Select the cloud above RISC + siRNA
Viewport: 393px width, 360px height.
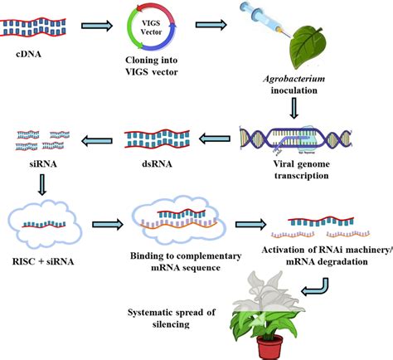(x=43, y=221)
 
